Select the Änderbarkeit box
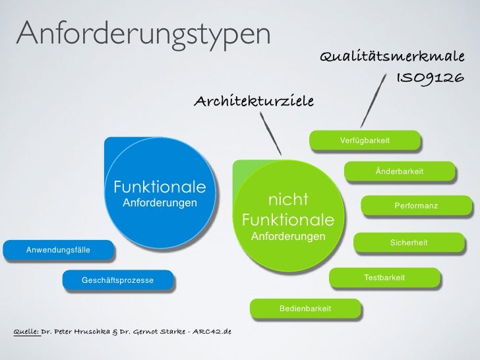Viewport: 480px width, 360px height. coord(400,171)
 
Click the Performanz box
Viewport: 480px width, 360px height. coord(415,206)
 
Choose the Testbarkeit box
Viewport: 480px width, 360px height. coord(384,278)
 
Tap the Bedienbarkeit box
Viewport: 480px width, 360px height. coord(305,309)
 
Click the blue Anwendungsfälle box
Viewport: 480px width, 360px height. coord(58,251)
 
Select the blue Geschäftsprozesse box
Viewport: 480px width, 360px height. coord(117,281)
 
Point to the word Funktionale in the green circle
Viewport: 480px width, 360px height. coord(287,219)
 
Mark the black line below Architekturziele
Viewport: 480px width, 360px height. coord(271,133)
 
